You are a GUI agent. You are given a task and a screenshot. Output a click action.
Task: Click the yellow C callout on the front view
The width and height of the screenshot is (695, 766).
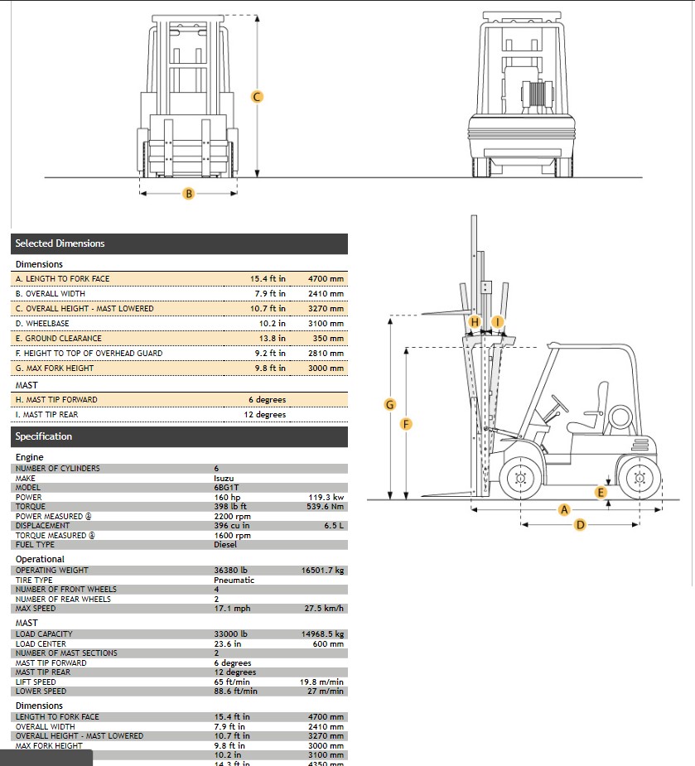pyautogui.click(x=257, y=97)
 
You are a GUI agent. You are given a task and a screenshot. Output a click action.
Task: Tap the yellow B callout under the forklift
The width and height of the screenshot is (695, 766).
pyautogui.click(x=189, y=194)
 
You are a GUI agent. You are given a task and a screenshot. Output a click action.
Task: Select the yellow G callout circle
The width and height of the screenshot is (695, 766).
pyautogui.click(x=389, y=404)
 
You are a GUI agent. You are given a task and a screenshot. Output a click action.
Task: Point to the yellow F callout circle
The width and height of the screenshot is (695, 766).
pyautogui.click(x=406, y=424)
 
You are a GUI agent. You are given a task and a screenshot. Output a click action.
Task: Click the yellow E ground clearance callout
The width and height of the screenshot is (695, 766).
pyautogui.click(x=601, y=492)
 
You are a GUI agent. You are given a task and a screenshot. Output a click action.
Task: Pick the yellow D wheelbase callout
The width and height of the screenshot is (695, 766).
pyautogui.click(x=580, y=524)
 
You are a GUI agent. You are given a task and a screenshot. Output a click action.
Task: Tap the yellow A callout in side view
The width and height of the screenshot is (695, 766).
pyautogui.click(x=565, y=509)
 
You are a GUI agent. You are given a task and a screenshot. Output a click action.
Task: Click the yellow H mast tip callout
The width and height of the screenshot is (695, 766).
pyautogui.click(x=475, y=321)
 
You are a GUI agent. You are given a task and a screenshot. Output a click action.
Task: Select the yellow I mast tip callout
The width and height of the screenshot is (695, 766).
pyautogui.click(x=497, y=321)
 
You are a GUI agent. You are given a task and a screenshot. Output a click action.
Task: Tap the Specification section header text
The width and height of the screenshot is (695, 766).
pyautogui.click(x=44, y=436)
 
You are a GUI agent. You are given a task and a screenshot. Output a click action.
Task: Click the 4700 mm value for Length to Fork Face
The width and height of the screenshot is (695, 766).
pyautogui.click(x=326, y=279)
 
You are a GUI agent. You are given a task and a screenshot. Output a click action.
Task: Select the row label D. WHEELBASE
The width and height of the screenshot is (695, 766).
pyautogui.click(x=42, y=324)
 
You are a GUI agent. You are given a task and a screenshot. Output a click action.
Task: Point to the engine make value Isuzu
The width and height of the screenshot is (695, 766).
pyautogui.click(x=224, y=478)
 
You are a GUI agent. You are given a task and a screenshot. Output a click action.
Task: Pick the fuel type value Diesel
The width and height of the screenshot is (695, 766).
pyautogui.click(x=225, y=545)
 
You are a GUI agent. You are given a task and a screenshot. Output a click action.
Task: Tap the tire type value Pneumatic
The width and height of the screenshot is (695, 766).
pyautogui.click(x=234, y=580)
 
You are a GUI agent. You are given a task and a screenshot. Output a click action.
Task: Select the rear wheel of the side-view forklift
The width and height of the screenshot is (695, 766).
pyautogui.click(x=638, y=478)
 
